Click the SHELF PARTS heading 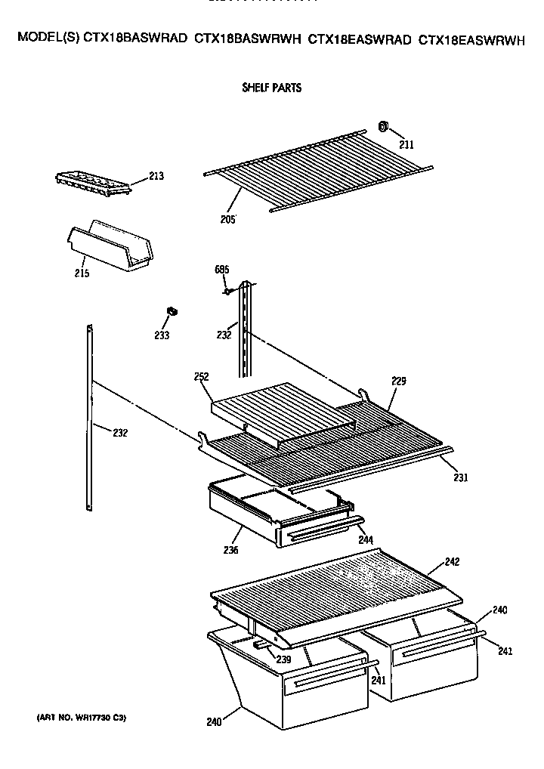click(x=271, y=88)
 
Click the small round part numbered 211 click(x=383, y=126)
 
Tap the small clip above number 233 click(x=172, y=310)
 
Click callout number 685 click(x=221, y=270)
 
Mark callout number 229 click(x=398, y=381)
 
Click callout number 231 click(x=461, y=477)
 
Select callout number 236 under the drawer click(x=230, y=550)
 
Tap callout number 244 click(x=365, y=541)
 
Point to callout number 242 click(x=452, y=561)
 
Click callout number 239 click(x=283, y=659)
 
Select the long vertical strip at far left click(x=90, y=419)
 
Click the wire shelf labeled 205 click(x=317, y=170)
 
